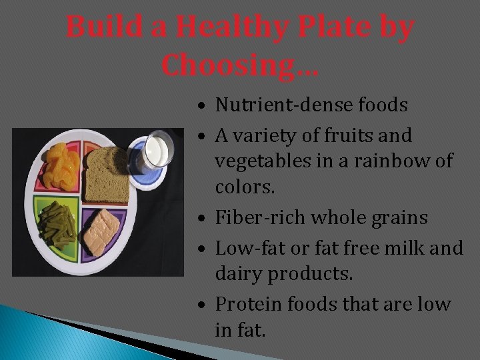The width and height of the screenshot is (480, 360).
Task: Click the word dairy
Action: pos(237,274)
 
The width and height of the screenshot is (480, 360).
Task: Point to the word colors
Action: pos(245,187)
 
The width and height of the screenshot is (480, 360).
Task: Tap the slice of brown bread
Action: pos(107,173)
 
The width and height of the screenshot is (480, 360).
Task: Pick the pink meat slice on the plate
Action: pos(101,231)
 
